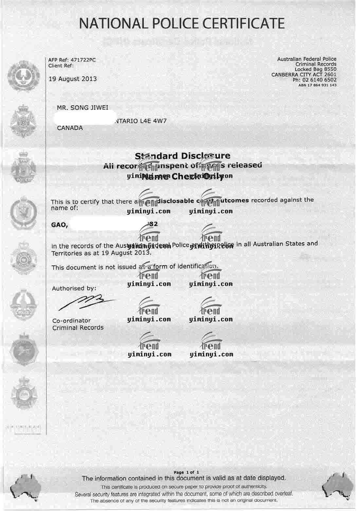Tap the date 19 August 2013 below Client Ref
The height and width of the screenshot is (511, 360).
pos(73,79)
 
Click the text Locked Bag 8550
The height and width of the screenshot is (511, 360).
pos(315,69)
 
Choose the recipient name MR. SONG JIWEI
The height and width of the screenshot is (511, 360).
pos(82,108)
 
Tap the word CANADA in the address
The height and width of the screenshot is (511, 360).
pos(70,128)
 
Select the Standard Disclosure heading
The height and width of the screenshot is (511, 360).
pos(183,156)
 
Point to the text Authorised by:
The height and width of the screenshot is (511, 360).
pos(74,288)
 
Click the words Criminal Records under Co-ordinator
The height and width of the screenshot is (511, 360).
pos(78,328)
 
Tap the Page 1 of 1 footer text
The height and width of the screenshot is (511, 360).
pos(187,472)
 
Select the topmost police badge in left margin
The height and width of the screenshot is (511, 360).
pos(23,72)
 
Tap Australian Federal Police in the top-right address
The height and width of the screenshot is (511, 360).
pos(307,59)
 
